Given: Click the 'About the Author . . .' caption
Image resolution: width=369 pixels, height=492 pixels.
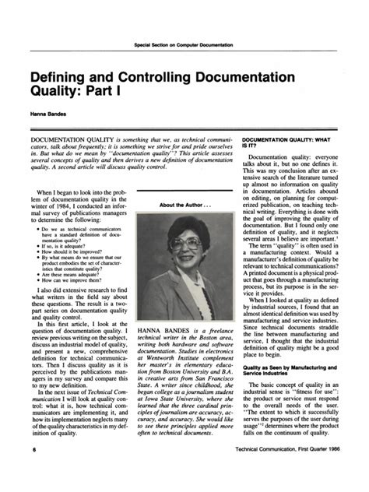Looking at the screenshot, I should [x=184, y=206].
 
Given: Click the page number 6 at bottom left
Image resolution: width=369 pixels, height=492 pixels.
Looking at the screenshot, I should [x=34, y=473].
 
